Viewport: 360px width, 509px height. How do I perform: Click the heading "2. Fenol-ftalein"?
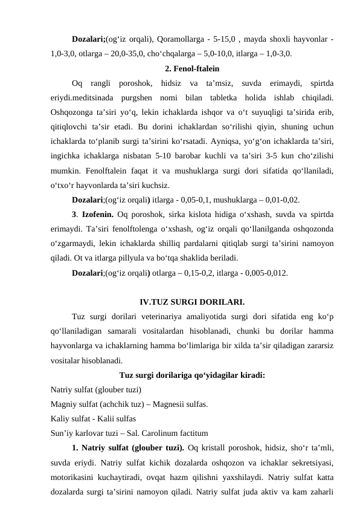pos(192,68)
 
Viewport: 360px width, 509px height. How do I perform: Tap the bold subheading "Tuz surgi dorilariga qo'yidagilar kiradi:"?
pos(192,375)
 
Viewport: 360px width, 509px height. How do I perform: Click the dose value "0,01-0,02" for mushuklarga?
pos(279,200)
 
